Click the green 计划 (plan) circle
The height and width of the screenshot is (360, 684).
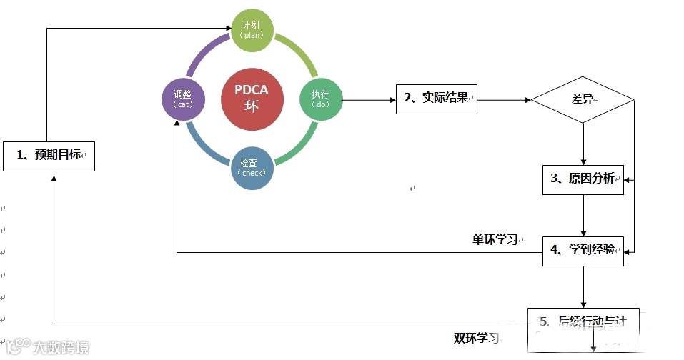click(x=252, y=30)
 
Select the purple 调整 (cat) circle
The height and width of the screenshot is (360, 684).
click(x=183, y=99)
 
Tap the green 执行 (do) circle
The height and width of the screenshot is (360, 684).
click(x=321, y=99)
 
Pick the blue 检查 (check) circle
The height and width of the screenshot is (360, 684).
click(x=252, y=169)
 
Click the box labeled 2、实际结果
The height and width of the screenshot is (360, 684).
click(x=436, y=99)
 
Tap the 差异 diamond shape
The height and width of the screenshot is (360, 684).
click(x=583, y=99)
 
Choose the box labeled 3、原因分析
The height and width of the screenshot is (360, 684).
click(x=583, y=179)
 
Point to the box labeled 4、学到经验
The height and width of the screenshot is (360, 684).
click(x=583, y=250)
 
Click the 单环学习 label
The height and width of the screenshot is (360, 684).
click(x=495, y=239)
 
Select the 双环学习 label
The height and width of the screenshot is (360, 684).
click(x=476, y=338)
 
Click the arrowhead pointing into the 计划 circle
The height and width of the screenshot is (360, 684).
click(x=227, y=29)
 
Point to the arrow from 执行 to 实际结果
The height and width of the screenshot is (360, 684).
click(x=369, y=99)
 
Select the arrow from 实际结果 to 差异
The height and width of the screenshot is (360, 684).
click(x=504, y=99)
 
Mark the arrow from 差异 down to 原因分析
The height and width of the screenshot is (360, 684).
click(x=583, y=143)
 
